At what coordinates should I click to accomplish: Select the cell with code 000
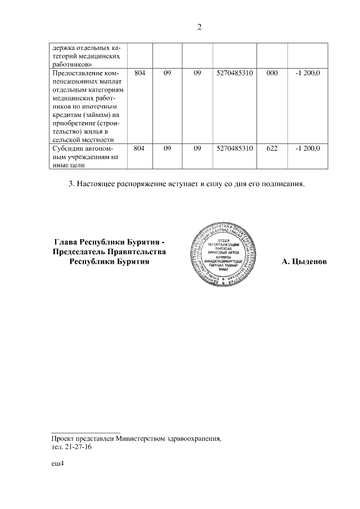272,74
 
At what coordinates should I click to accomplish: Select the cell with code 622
272,148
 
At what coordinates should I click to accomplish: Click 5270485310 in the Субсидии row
235,148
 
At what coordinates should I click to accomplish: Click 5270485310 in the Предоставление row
235,74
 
